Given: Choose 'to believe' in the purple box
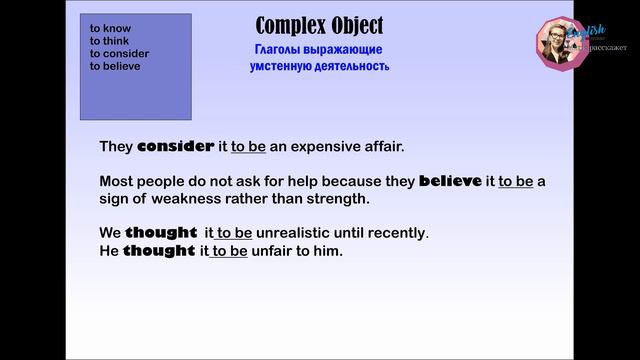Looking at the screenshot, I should pos(115,66).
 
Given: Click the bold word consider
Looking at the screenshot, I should pos(176,147).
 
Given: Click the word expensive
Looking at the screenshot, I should pos(329,147).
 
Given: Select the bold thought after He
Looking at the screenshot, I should pos(159,251).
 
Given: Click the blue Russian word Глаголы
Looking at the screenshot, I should pos(282,49).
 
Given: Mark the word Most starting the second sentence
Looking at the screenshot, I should pos(117,182).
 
